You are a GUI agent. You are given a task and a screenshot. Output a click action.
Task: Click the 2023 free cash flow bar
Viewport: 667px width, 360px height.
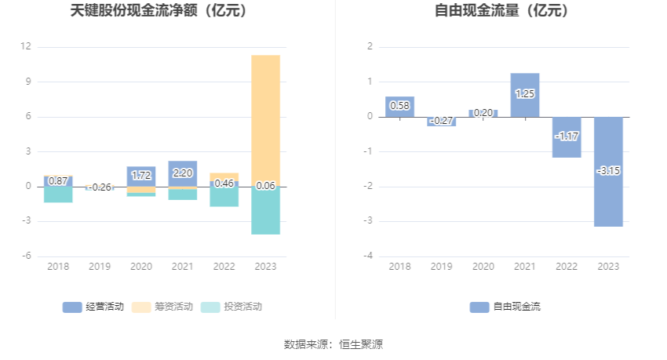[x=608, y=196]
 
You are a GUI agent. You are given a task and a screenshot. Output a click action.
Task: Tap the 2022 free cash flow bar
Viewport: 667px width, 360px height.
[x=567, y=145]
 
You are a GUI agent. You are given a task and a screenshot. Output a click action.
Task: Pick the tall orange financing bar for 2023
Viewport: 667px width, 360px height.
[x=265, y=118]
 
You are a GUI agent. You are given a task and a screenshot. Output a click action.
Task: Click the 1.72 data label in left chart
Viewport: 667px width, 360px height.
[x=141, y=175]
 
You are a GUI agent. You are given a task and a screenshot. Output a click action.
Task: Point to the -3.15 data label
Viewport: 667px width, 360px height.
[x=608, y=170]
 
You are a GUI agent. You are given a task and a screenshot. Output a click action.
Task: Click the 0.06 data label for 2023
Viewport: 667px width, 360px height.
[x=265, y=185]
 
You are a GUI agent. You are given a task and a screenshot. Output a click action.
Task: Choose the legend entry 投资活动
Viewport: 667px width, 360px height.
[x=231, y=307]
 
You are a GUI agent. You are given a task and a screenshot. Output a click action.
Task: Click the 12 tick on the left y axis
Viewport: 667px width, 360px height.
[x=26, y=47]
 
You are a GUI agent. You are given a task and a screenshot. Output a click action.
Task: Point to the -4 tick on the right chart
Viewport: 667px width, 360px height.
[x=369, y=256]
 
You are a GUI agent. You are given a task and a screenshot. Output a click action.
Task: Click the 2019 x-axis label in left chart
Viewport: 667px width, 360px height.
[x=100, y=267]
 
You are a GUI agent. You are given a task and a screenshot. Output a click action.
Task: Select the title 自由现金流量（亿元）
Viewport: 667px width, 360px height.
[x=503, y=11]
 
